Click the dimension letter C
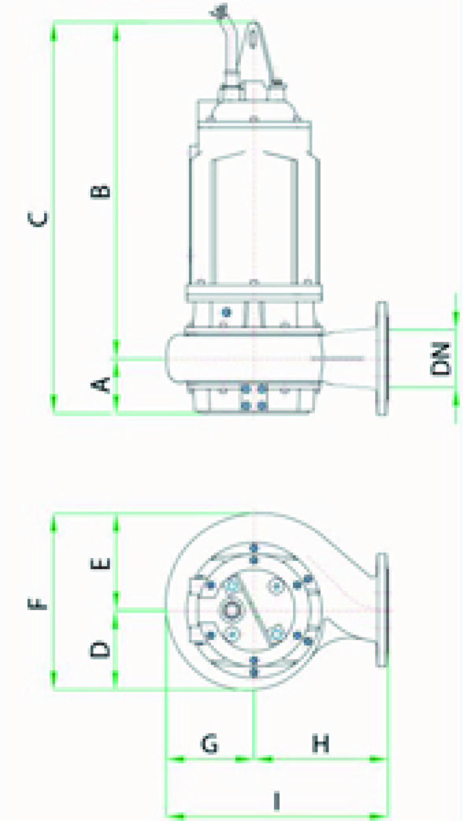pyautogui.click(x=39, y=219)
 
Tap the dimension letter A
pyautogui.click(x=101, y=385)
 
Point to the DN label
pyautogui.click(x=440, y=359)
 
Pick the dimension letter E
pyautogui.click(x=101, y=564)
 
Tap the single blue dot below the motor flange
pyautogui.click(x=226, y=312)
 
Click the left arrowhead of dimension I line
pyautogui.click(x=175, y=814)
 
